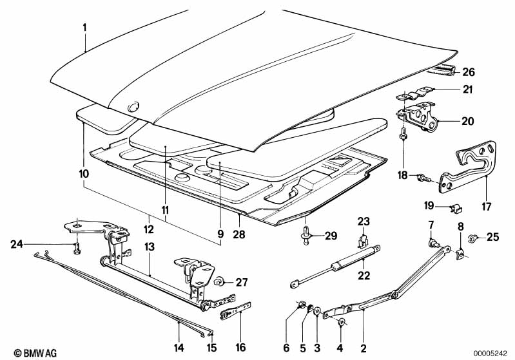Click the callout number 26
click(469, 72)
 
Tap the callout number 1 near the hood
click(84, 27)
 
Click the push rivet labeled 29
click(306, 235)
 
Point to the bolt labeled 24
click(77, 248)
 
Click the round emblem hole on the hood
click(133, 106)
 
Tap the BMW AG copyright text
click(35, 353)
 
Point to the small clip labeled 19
click(455, 208)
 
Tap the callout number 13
click(150, 247)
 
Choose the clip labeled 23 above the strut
click(363, 242)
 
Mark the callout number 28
click(238, 234)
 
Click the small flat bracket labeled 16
click(235, 311)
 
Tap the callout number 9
click(220, 234)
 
